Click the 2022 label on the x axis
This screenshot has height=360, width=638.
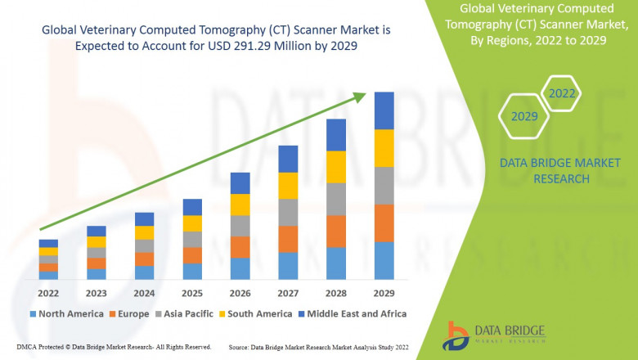pyautogui.click(x=48, y=294)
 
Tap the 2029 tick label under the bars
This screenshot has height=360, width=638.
pyautogui.click(x=384, y=294)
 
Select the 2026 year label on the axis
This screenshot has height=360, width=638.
pyautogui.click(x=240, y=294)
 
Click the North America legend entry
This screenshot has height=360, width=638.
pyautogui.click(x=66, y=313)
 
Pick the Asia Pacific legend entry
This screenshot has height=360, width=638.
pyautogui.click(x=184, y=313)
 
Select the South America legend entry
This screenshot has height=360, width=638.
pyautogui.click(x=254, y=313)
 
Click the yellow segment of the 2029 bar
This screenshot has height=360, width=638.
pyautogui.click(x=384, y=148)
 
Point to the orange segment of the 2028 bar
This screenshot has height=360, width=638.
pyautogui.click(x=336, y=232)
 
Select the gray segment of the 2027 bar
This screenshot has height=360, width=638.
pyautogui.click(x=288, y=213)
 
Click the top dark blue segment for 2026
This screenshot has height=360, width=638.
pyautogui.click(x=240, y=182)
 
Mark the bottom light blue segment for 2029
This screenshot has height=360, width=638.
pyautogui.click(x=384, y=260)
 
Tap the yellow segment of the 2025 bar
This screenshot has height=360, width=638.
pyautogui.click(x=192, y=223)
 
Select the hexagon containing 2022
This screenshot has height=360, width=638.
pyautogui.click(x=562, y=94)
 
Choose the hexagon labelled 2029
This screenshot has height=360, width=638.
pyautogui.click(x=524, y=117)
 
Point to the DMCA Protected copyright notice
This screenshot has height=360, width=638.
pyautogui.click(x=114, y=348)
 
